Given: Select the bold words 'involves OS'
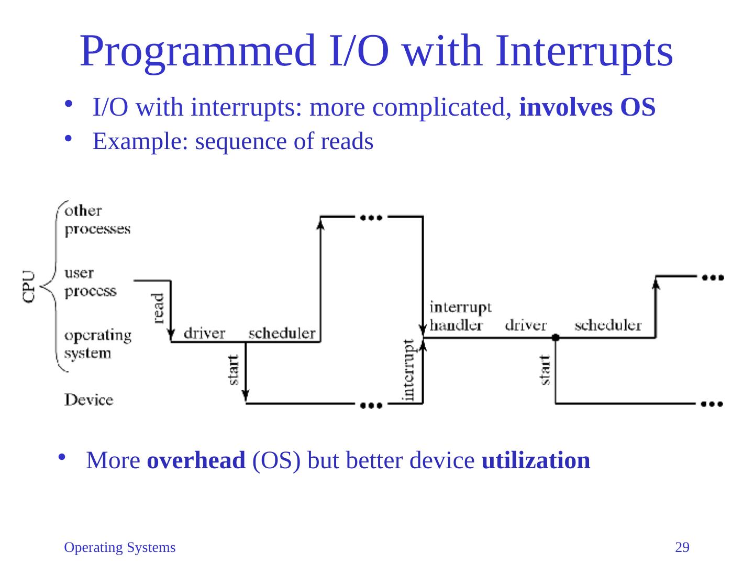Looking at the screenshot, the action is click(x=587, y=107).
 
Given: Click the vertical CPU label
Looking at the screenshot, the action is click(x=29, y=287).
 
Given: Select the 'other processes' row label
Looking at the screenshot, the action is click(x=97, y=220).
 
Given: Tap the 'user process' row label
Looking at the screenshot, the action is click(x=91, y=282).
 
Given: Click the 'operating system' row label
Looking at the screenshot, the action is click(x=98, y=344).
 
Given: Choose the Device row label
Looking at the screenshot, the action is click(x=88, y=400).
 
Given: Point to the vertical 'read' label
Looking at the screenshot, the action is click(x=158, y=308).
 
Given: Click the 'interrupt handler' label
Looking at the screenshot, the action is click(x=460, y=316).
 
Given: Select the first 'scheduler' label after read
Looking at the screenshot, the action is click(x=282, y=333).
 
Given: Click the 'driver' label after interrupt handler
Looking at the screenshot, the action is click(x=526, y=325).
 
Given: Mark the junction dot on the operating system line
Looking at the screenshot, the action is click(x=556, y=337).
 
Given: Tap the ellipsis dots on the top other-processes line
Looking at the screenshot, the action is click(x=371, y=218).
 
